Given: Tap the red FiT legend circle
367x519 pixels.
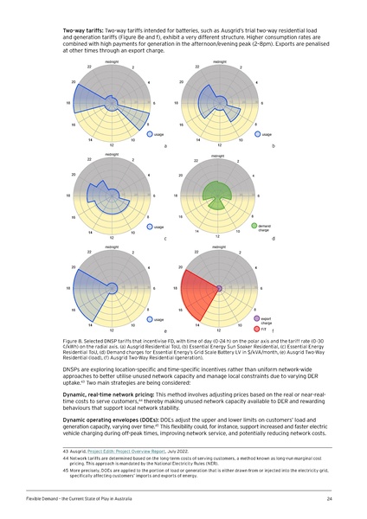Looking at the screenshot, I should coord(255,325).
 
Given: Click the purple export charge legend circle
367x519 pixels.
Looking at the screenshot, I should coord(255,316).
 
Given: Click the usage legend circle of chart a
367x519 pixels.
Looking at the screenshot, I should coord(150,134).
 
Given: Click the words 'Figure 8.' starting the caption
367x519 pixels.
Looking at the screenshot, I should coord(74,342).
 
